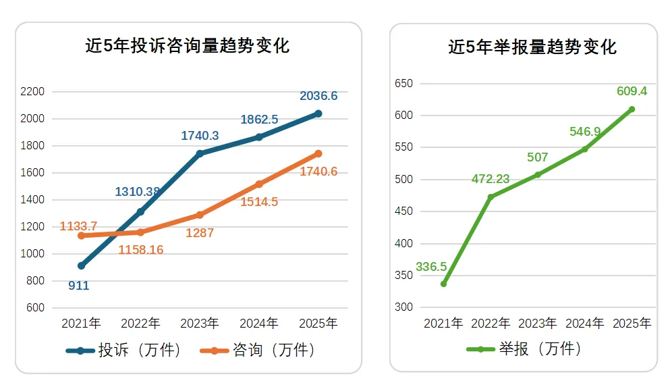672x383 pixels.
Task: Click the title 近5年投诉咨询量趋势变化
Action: (x=187, y=46)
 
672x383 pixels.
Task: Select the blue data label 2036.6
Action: (x=318, y=96)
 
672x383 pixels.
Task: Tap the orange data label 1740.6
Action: (x=318, y=172)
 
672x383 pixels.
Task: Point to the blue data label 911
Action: (x=79, y=286)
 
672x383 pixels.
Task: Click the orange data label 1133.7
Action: (x=78, y=226)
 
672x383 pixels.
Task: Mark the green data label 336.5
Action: (x=431, y=267)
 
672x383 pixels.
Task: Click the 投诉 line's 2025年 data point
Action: (x=318, y=113)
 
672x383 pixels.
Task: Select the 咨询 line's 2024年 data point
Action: (x=259, y=184)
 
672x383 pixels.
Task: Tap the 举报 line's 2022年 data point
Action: (x=491, y=197)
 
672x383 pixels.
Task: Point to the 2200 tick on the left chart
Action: (x=32, y=92)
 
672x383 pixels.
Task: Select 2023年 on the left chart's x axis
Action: (x=199, y=324)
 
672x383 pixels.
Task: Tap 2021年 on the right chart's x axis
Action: (x=443, y=324)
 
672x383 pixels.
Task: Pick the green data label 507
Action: (x=538, y=157)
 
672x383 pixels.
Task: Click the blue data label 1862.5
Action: (x=259, y=120)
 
